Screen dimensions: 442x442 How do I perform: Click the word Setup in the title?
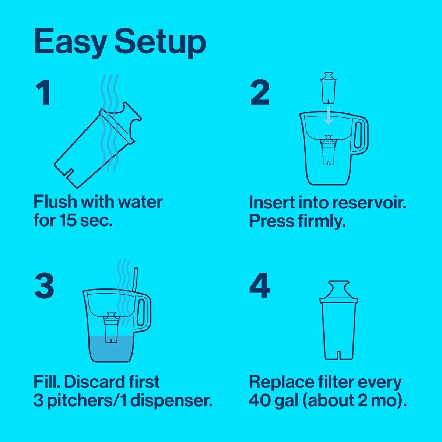[160, 42]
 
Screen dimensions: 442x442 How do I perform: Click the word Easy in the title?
[70, 42]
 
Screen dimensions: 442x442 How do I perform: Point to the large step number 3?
[44, 286]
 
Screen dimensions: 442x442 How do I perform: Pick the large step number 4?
[260, 286]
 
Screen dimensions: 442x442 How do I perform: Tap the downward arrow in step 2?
[328, 116]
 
